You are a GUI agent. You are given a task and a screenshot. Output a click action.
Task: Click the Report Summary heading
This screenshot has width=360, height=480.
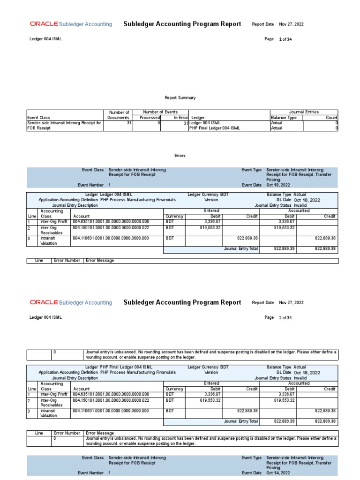coord(180,97)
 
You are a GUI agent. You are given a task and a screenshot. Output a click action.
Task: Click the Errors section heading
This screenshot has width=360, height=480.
coord(180,156)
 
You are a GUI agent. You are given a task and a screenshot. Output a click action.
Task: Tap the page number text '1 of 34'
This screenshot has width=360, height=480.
coord(285,39)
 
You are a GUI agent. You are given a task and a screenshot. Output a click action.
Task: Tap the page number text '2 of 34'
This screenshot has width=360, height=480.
coord(285,318)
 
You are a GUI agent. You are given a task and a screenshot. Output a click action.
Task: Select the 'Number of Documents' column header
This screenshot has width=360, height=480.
coord(118,115)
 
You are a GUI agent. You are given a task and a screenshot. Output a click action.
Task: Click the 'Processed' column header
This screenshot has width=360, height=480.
coord(150,118)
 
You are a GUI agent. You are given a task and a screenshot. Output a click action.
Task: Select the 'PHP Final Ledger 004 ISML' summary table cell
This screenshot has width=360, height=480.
coord(215,128)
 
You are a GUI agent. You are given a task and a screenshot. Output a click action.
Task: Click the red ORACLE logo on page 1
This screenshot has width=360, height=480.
coord(44,24)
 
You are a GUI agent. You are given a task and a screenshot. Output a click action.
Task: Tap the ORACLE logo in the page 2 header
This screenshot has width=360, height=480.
coord(44,302)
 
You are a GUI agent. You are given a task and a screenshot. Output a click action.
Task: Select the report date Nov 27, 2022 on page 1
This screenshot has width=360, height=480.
coord(291,24)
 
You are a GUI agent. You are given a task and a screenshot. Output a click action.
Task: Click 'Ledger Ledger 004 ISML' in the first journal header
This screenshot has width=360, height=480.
coord(108,194)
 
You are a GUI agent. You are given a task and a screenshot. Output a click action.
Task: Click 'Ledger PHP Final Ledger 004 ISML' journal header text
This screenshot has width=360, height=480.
coord(119,367)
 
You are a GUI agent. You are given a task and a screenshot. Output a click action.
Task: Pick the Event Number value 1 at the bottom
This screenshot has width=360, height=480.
coord(110,473)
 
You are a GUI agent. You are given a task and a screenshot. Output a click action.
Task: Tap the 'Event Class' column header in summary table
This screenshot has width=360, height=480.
coord(38,118)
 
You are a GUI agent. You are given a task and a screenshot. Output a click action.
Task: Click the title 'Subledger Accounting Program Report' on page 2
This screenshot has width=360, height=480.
coord(182,302)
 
